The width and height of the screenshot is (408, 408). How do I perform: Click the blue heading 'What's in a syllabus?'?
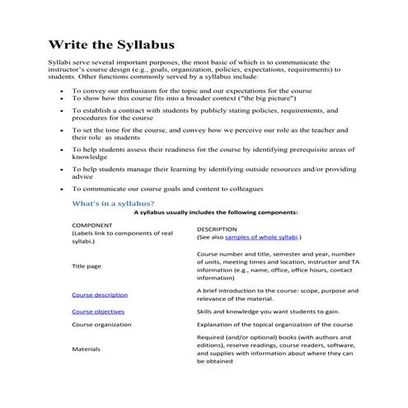click(113, 202)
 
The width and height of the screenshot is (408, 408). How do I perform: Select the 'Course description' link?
click(100, 294)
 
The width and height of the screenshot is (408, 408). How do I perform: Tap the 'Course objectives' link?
click(98, 312)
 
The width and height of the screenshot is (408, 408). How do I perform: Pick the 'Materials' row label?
click(87, 349)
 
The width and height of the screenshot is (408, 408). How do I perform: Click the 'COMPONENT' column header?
click(93, 224)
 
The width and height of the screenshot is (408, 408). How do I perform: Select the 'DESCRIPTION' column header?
click(217, 228)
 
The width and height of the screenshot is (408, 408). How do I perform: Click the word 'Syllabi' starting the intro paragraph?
click(59, 62)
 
